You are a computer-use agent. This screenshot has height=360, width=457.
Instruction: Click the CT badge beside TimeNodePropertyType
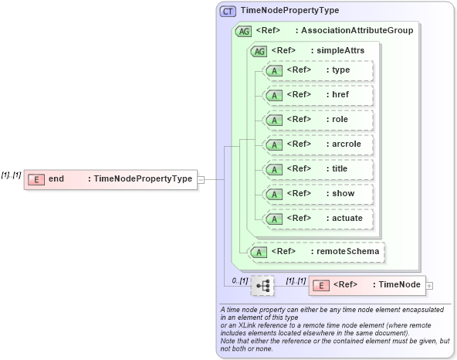(229, 11)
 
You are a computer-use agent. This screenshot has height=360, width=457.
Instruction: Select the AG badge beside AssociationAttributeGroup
(244, 31)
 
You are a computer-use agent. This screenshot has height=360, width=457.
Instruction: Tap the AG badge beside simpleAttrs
(259, 50)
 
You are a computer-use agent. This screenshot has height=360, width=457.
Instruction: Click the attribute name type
(340, 70)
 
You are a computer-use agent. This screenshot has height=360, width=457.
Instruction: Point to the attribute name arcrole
(345, 144)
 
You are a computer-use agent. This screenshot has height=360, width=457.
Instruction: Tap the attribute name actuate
(347, 218)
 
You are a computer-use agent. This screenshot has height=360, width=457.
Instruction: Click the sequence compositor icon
(262, 286)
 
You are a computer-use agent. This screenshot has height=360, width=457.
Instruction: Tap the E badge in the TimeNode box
(321, 285)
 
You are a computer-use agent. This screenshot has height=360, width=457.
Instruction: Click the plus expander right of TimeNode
(429, 285)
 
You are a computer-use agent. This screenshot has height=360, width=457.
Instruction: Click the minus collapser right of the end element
(201, 179)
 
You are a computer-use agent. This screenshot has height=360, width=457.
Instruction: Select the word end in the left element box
(56, 179)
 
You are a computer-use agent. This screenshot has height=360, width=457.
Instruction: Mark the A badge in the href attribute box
(274, 95)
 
